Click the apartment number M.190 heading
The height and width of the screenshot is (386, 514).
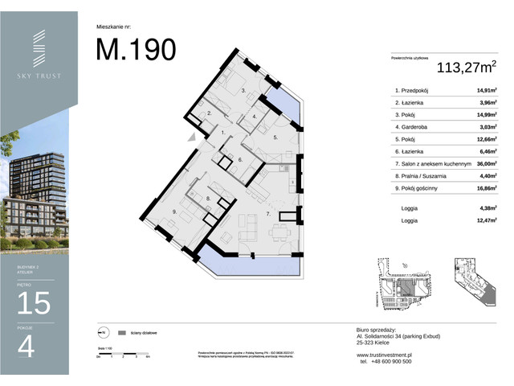[136, 49]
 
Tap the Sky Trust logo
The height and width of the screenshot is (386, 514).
[39, 57]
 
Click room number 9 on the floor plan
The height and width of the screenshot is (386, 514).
[173, 211]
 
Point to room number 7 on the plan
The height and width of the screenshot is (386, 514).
[267, 215]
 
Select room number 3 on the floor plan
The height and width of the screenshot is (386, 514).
[243, 92]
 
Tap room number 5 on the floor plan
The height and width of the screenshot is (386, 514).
[275, 138]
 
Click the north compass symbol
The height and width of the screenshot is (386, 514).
[101, 331]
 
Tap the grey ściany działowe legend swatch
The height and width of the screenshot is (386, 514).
[121, 331]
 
